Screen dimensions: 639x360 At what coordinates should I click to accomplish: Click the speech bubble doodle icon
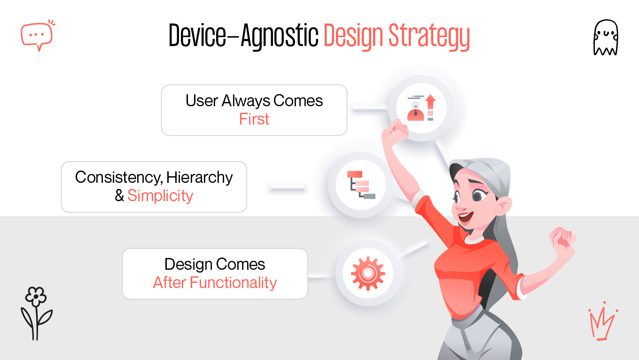point(37,35)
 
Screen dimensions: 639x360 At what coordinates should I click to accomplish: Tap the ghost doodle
point(606,38)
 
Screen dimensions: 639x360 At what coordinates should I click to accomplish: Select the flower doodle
point(36,313)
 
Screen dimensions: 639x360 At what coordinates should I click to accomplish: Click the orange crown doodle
point(603,321)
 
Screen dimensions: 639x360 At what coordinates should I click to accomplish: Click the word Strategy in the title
point(429,37)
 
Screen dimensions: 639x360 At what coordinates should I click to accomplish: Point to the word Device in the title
point(197,35)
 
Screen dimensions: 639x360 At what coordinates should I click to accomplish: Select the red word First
point(254,119)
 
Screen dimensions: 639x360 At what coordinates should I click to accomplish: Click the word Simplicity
point(160,196)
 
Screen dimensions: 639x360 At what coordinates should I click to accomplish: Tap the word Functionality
point(234,283)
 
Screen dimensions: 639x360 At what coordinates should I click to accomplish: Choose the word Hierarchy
point(199,178)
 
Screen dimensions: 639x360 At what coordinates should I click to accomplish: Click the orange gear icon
point(368,273)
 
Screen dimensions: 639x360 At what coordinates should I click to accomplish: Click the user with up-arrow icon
point(421,108)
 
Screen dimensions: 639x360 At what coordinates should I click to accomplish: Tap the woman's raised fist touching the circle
point(395,132)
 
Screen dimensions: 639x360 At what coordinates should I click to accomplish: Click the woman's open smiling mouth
point(465,217)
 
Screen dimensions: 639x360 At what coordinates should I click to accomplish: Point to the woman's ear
point(504,205)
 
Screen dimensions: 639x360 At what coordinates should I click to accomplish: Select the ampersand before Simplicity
point(119,196)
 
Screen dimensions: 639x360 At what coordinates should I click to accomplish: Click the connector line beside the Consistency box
point(287,188)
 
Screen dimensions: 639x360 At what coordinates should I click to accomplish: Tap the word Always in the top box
point(246,101)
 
